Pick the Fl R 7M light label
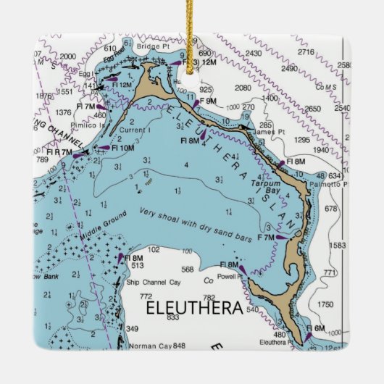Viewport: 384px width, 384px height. [57, 152]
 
